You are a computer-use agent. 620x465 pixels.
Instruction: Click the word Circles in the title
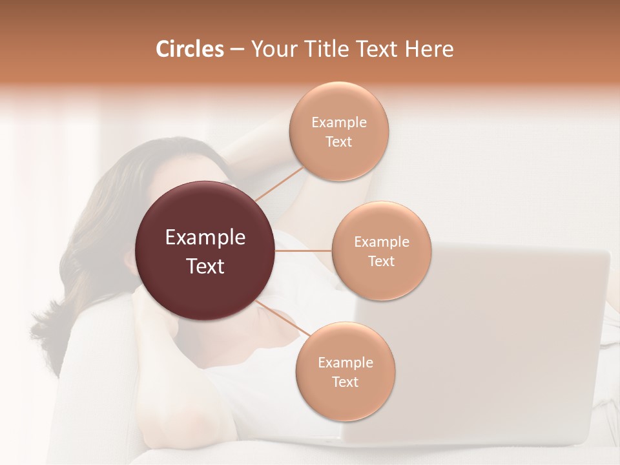189,49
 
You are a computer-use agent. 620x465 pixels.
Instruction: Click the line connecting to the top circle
279,183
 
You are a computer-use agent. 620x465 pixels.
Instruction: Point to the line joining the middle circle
304,251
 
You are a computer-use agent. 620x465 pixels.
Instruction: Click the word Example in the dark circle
205,238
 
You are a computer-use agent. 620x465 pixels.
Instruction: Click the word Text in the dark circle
205,266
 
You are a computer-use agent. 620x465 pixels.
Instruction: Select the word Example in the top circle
338,123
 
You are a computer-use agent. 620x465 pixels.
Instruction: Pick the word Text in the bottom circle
345,382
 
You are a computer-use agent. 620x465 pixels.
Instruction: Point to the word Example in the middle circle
381,242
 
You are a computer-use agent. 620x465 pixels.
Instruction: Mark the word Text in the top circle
338,141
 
